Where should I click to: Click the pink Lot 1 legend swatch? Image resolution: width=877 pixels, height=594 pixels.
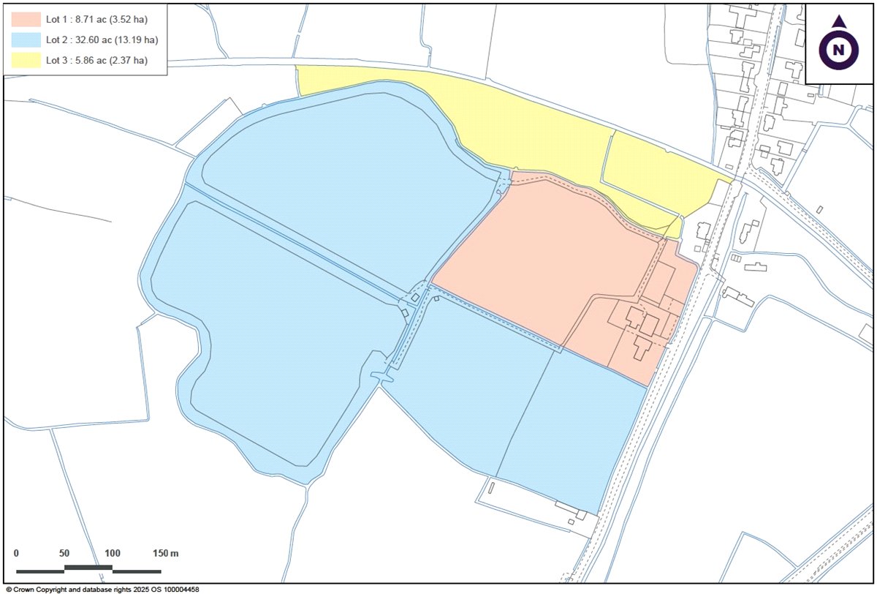tap(25, 19)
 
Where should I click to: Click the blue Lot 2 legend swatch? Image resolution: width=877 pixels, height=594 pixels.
tap(25, 40)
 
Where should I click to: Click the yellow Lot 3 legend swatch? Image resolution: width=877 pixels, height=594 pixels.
tap(25, 60)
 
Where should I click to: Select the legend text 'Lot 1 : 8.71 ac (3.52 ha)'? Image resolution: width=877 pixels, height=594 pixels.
tap(96, 19)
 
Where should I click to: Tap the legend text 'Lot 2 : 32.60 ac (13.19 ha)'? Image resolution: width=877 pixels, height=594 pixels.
tap(102, 40)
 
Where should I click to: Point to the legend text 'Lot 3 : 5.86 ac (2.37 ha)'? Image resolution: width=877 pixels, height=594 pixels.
tap(96, 60)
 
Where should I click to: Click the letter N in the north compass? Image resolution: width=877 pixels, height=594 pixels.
tap(840, 50)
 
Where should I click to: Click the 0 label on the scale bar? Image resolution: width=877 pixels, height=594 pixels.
tap(17, 553)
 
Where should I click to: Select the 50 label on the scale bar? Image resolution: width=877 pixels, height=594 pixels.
tap(64, 553)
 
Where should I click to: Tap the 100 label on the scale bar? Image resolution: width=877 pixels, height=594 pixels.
tap(112, 553)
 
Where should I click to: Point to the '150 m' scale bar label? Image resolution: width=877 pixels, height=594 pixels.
tap(166, 553)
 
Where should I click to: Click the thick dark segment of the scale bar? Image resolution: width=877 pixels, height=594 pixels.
tap(88, 568)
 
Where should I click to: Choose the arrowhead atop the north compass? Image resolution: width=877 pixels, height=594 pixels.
tap(840, 22)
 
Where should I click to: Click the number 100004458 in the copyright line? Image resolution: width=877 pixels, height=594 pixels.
tap(180, 589)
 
